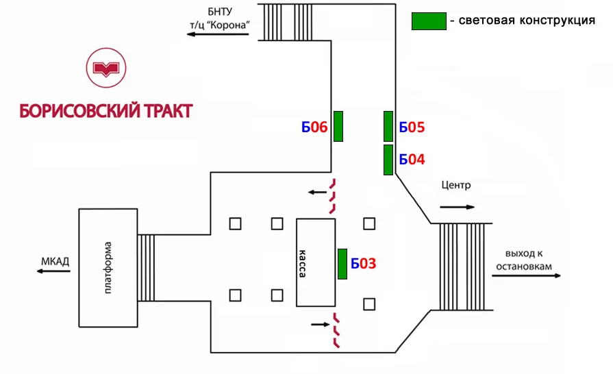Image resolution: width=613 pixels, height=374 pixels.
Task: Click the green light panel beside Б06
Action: (338, 126)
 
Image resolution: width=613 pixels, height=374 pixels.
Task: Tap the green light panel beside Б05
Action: (388, 126)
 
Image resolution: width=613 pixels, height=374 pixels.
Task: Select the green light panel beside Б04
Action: (388, 160)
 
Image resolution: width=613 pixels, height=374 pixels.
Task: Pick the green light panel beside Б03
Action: (342, 264)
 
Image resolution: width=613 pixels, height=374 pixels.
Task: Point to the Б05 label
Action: (412, 127)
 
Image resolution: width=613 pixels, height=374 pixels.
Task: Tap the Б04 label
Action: (412, 160)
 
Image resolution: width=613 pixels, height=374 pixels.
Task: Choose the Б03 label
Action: (364, 264)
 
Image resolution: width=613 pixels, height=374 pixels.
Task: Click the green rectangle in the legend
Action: (429, 21)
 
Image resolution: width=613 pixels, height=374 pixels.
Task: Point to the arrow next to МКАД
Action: (53, 272)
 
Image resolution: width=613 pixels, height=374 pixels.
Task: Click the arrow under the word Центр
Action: (456, 206)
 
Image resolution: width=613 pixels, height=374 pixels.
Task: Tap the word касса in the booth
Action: (302, 262)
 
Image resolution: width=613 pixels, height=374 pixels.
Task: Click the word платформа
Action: (107, 268)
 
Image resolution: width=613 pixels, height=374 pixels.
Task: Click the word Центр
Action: (456, 185)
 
